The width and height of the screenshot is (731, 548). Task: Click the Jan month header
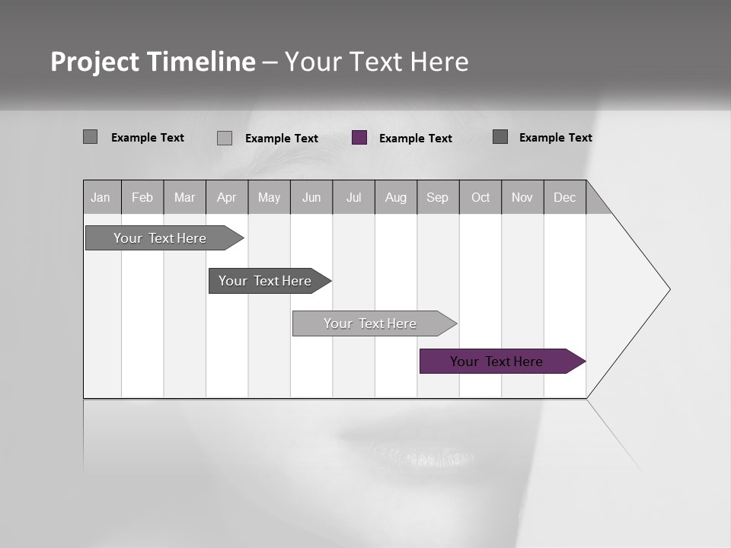(x=101, y=197)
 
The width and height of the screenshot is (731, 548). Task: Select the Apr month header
(x=226, y=197)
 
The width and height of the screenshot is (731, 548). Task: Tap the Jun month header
(x=311, y=197)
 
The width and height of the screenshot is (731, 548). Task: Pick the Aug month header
(x=395, y=197)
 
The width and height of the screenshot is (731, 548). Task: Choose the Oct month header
(x=480, y=197)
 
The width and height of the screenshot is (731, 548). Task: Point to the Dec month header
(x=564, y=197)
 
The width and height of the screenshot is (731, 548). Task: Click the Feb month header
(x=142, y=197)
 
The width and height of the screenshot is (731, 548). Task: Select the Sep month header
(x=437, y=197)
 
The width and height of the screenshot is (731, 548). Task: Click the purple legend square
(x=359, y=138)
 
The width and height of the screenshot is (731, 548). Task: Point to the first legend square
(x=91, y=137)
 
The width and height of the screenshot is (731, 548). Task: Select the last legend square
(x=500, y=137)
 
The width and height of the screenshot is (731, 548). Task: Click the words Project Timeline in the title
(x=153, y=62)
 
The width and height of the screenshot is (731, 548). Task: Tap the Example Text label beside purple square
(x=416, y=139)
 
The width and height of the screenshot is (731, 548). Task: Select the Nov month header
(x=522, y=197)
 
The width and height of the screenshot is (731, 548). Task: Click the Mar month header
(x=184, y=197)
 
